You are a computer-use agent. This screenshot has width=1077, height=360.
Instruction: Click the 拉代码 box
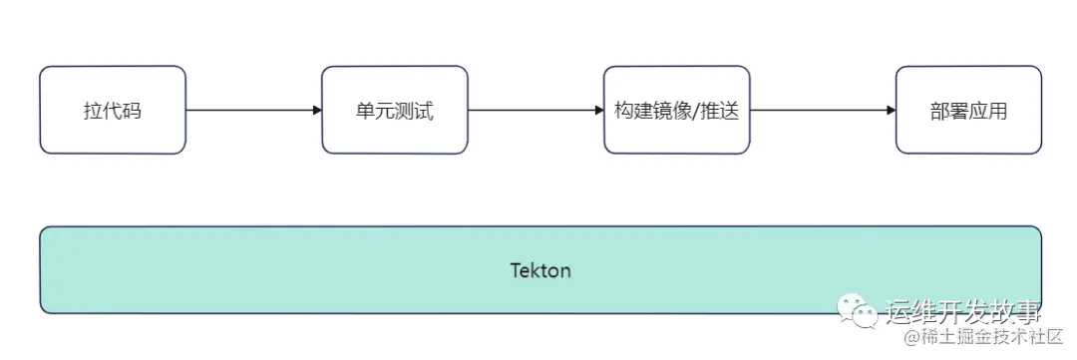113,110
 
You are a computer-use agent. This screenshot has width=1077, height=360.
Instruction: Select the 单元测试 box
395,110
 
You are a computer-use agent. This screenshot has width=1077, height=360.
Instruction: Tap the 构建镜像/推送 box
677,110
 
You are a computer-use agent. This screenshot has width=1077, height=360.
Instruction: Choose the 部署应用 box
968,110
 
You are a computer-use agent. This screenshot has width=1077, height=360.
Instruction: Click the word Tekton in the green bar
540,270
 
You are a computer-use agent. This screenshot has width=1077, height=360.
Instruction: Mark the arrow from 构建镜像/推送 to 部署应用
823,110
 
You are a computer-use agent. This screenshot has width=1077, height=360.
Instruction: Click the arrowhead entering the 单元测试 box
316,110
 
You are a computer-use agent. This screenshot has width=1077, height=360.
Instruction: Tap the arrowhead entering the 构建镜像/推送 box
598,110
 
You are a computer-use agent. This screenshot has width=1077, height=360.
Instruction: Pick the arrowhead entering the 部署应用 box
891,110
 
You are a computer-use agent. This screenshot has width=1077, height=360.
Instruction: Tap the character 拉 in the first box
93,111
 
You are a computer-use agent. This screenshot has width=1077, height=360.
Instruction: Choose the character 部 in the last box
939,111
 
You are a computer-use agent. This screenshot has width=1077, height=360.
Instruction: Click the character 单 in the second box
365,111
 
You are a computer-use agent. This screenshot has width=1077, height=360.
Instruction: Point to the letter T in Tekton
516,270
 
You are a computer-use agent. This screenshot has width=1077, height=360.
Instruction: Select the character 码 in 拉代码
133,111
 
